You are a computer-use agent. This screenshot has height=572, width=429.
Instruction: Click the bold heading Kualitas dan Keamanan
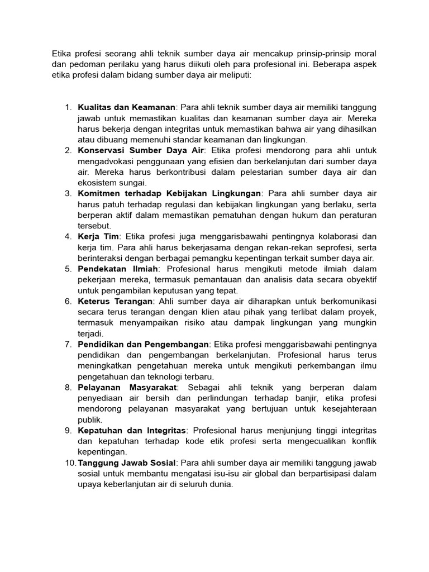pyautogui.click(x=127, y=107)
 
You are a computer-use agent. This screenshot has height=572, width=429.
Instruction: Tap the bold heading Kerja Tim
pyautogui.click(x=98, y=237)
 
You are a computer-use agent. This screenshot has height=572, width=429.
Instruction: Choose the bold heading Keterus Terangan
pyautogui.click(x=115, y=302)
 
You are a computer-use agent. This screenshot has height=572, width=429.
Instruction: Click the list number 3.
pyautogui.click(x=68, y=194)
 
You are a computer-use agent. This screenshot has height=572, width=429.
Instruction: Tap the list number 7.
pyautogui.click(x=68, y=345)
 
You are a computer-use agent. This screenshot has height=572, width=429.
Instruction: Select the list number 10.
pyautogui.click(x=70, y=463)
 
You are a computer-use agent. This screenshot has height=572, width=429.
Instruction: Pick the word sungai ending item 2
pyautogui.click(x=134, y=183)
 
